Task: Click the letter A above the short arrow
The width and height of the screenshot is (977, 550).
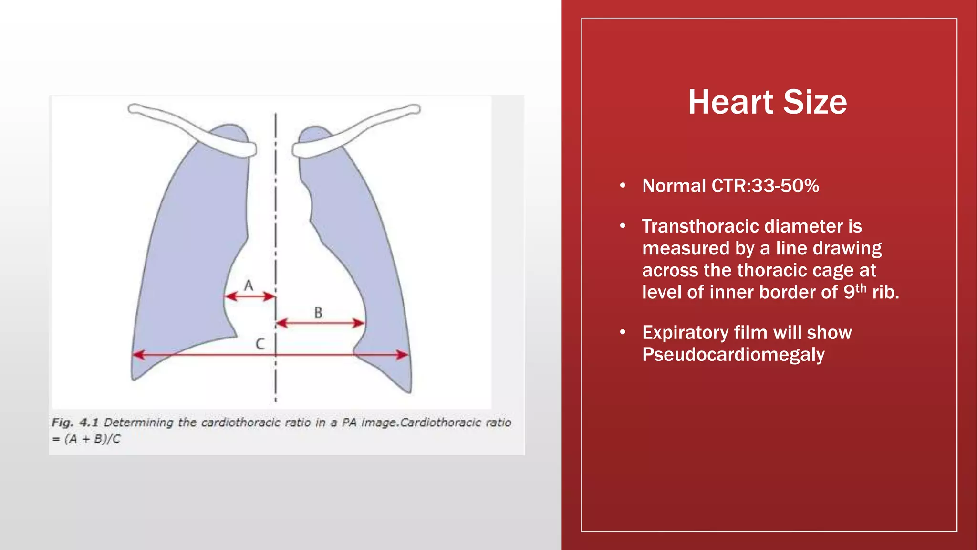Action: click(x=249, y=286)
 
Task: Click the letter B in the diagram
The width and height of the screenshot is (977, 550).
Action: click(x=318, y=313)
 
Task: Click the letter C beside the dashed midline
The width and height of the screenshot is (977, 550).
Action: click(x=260, y=344)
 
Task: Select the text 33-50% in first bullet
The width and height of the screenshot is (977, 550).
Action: click(x=785, y=186)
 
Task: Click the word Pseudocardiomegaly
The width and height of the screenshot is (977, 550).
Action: click(x=733, y=355)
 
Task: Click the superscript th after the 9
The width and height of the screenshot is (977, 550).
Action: click(x=861, y=288)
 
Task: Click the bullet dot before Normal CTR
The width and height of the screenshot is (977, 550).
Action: click(x=623, y=186)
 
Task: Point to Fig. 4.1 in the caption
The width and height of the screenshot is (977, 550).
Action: click(x=75, y=423)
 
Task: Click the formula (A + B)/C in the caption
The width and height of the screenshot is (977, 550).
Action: click(x=93, y=439)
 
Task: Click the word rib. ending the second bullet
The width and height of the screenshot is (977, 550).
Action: click(x=885, y=292)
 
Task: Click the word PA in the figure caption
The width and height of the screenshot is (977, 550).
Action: click(x=349, y=423)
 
